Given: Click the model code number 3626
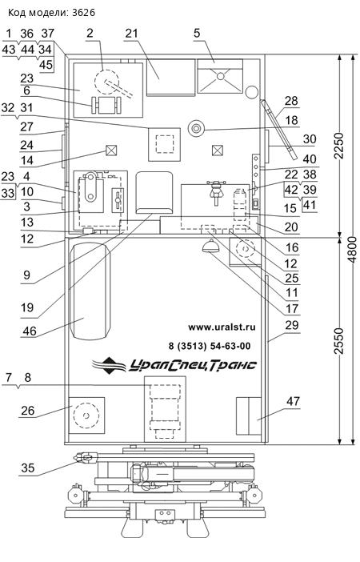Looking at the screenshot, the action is [83, 13].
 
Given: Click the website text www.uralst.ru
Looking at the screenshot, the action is [222, 327].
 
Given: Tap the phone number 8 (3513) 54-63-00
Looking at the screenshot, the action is [210, 346].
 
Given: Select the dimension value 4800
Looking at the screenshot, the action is [352, 250].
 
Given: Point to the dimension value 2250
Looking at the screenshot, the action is [338, 146].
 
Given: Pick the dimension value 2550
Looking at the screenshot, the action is [338, 341].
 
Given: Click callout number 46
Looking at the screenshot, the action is [30, 331].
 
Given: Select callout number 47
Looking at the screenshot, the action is [293, 401].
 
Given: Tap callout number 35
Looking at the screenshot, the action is [27, 468].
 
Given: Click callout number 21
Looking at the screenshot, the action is [131, 33].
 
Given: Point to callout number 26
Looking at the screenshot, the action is [27, 411].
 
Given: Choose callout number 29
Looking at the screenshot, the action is [292, 325].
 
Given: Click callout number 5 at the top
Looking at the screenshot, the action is [197, 33].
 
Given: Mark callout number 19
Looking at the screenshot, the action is [27, 307].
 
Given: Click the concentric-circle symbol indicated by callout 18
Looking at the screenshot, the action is [196, 128].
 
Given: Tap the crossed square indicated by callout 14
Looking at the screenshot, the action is [111, 151].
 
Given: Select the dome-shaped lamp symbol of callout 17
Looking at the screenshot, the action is [210, 247].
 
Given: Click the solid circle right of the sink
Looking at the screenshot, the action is [252, 92].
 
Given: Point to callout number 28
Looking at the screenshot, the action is [291, 101].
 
